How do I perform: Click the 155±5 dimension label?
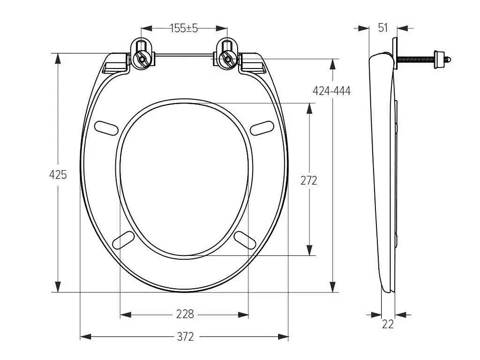pos(184,28)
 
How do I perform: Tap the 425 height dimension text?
pos(58,175)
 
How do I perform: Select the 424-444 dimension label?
pos(331,91)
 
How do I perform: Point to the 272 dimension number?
pos(308,181)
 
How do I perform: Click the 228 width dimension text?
pos(185,314)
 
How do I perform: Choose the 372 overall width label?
pos(185,337)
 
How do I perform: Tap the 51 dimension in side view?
pos(382,28)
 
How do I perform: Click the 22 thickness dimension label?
pos(388,324)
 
